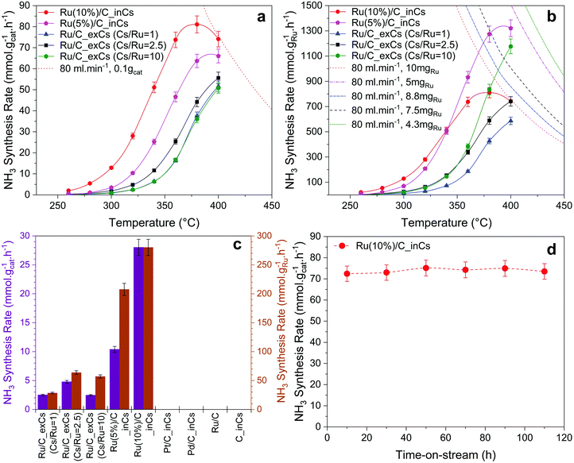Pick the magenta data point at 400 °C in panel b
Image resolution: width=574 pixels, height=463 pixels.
coord(510,28)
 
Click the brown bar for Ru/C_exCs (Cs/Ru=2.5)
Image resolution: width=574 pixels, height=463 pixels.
coord(76,391)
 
